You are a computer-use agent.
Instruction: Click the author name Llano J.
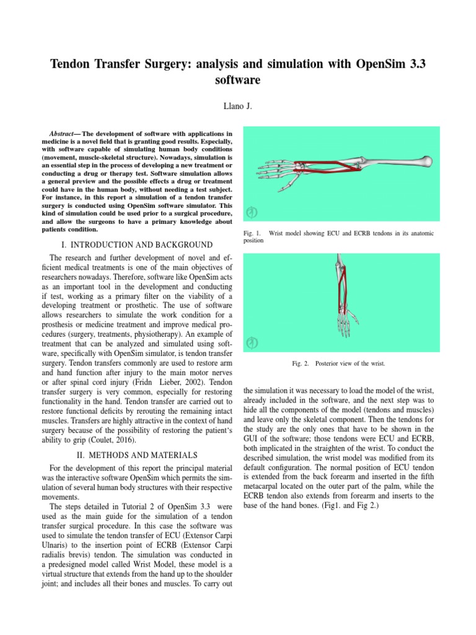click(x=237, y=106)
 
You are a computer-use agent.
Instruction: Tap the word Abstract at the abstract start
click(x=61, y=133)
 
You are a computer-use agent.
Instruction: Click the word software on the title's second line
click(x=237, y=81)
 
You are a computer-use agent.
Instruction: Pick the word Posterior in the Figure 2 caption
click(x=331, y=363)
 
